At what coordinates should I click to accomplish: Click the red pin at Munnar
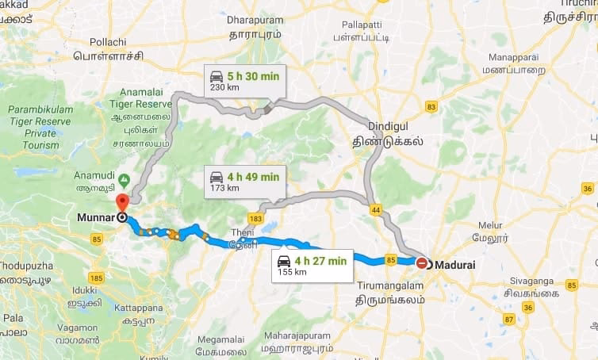pos(121,202)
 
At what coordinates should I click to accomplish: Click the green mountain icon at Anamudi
pos(125,178)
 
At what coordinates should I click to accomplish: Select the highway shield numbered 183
pos(254,216)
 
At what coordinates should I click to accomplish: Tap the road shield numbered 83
pos(431,106)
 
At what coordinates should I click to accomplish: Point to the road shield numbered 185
pos(96,278)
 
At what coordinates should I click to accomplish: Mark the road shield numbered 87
pos(508,319)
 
